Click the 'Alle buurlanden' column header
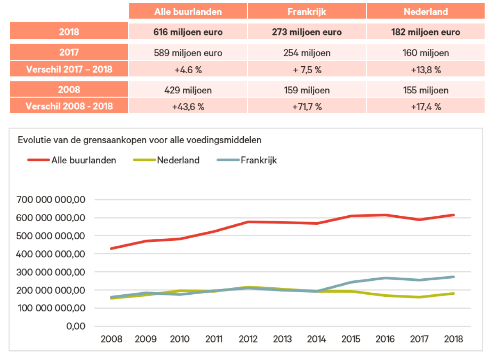188,12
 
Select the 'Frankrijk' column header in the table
307,12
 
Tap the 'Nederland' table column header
425,12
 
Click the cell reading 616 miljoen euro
188,32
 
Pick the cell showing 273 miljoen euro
307,32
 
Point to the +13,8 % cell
425,70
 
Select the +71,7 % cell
307,107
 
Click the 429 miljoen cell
188,90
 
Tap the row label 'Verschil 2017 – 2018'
69,70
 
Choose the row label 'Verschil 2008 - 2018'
69,107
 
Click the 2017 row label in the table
69,53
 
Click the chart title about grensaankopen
140,140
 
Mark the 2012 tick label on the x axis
248,339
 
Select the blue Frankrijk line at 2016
385,278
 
